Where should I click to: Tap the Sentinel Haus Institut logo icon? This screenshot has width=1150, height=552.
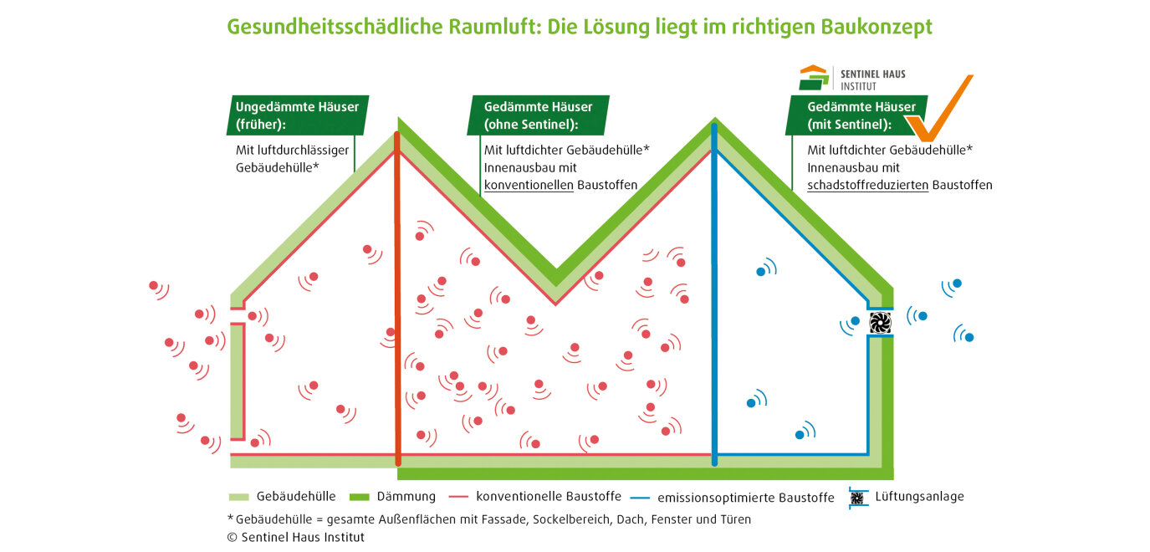click(x=814, y=78)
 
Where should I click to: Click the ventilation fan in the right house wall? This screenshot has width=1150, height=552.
click(x=880, y=323)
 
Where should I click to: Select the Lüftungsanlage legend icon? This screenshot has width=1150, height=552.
click(x=857, y=498)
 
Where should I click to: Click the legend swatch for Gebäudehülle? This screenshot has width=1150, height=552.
click(x=238, y=497)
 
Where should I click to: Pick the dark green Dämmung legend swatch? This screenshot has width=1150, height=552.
click(x=360, y=497)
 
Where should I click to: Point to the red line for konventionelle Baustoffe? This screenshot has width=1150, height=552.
click(x=458, y=497)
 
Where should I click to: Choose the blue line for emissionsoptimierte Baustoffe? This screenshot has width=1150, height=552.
click(x=640, y=498)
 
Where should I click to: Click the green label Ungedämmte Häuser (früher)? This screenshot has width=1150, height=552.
click(x=298, y=115)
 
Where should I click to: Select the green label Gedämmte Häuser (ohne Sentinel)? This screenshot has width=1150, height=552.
click(x=538, y=115)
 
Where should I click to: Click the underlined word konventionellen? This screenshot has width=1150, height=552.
click(x=529, y=185)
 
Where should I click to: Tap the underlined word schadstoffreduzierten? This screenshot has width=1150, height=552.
click(x=867, y=185)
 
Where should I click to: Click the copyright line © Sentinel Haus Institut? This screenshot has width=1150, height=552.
click(x=296, y=537)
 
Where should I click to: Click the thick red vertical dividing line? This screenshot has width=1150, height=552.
click(x=397, y=298)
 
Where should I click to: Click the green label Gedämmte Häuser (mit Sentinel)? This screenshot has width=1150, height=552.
click(x=856, y=115)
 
